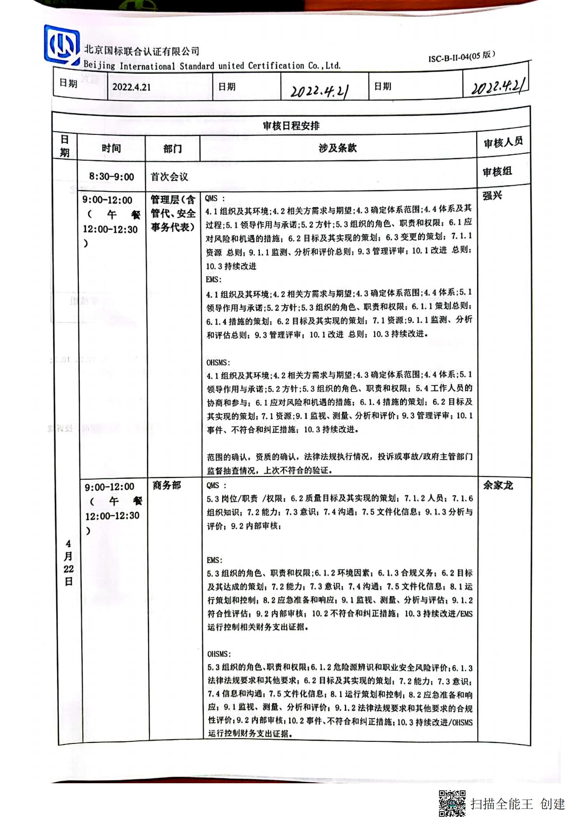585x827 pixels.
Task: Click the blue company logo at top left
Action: click(x=62, y=45)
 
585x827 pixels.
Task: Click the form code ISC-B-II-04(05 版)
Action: click(x=461, y=57)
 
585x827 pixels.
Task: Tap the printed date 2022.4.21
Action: click(x=131, y=87)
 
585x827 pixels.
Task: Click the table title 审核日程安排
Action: click(x=291, y=126)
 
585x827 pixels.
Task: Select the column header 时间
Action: click(x=111, y=148)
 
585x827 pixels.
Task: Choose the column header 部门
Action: click(x=172, y=149)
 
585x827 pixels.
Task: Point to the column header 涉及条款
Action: click(x=337, y=148)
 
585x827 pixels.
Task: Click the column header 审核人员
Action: click(x=503, y=142)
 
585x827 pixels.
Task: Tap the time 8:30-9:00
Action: click(x=112, y=177)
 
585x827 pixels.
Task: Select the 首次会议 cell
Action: click(x=169, y=177)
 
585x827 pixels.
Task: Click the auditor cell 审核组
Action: click(x=497, y=171)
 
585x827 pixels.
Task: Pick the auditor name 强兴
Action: click(x=492, y=195)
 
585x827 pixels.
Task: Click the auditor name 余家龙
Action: click(x=498, y=485)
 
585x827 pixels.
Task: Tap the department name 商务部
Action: click(x=167, y=485)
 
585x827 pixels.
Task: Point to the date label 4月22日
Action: click(x=68, y=562)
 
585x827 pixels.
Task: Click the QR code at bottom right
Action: click(x=452, y=804)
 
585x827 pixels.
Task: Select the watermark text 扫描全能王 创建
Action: click(x=518, y=804)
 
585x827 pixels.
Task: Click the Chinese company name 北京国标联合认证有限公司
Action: click(x=142, y=51)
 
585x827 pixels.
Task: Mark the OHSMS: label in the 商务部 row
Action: click(x=219, y=654)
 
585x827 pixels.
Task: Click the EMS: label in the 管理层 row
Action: click(x=214, y=279)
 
